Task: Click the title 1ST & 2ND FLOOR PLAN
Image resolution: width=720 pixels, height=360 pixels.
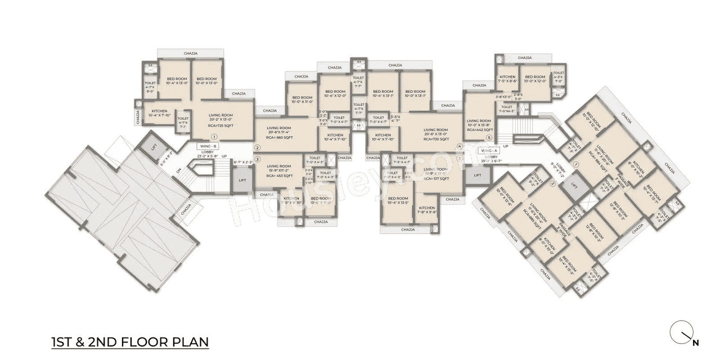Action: click(x=130, y=341)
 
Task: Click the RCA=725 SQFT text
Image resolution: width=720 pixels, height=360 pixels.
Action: click(x=221, y=125)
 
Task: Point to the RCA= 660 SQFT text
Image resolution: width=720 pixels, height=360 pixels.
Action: click(x=279, y=137)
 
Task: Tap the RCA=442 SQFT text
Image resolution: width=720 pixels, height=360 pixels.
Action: click(x=479, y=130)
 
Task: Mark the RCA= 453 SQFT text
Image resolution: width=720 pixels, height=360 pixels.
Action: click(x=280, y=175)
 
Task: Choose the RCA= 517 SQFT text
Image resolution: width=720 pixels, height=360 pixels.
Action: click(x=436, y=178)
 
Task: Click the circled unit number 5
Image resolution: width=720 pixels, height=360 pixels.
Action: click(x=489, y=138)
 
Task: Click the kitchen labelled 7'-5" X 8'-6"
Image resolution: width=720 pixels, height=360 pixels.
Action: click(x=507, y=79)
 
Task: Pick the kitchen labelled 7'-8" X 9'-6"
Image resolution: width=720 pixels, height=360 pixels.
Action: click(x=427, y=210)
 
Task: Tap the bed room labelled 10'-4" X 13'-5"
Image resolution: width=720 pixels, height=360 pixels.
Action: click(x=398, y=201)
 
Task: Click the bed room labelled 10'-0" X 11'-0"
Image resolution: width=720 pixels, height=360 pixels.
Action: click(x=302, y=100)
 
